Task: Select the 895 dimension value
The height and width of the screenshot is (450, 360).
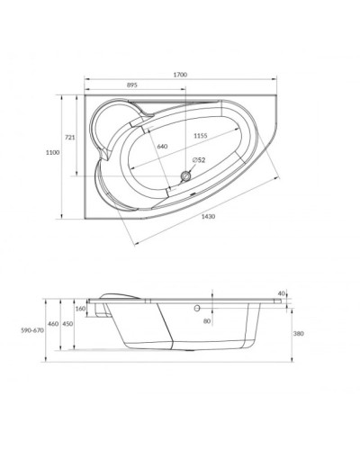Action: click(x=131, y=86)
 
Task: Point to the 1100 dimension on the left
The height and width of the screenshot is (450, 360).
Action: click(x=52, y=154)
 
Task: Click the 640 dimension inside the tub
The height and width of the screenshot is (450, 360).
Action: click(x=163, y=147)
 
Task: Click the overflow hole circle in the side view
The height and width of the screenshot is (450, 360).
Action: click(x=193, y=308)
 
